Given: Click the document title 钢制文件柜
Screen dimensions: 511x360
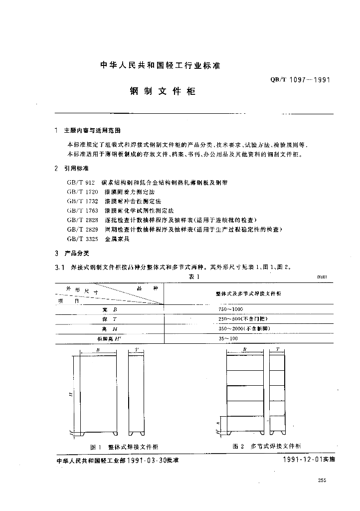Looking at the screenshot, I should [x=162, y=92].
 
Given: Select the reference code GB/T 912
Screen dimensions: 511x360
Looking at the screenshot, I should [x=80, y=183].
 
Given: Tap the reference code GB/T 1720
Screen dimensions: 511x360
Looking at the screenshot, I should [x=81, y=192].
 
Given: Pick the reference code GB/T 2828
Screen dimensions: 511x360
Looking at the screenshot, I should [x=81, y=220].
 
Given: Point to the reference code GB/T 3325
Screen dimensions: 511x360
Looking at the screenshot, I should [x=81, y=239].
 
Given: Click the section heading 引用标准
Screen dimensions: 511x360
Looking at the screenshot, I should [x=76, y=169].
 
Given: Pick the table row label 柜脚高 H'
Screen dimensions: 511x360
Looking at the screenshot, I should [x=109, y=338].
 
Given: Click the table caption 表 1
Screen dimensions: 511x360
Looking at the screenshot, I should [x=193, y=277].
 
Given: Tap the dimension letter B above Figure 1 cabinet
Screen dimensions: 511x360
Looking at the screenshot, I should [x=98, y=350].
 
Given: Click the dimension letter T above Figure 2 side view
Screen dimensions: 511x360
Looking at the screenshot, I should [x=277, y=350].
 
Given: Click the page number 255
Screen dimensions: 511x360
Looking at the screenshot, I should [x=322, y=481].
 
